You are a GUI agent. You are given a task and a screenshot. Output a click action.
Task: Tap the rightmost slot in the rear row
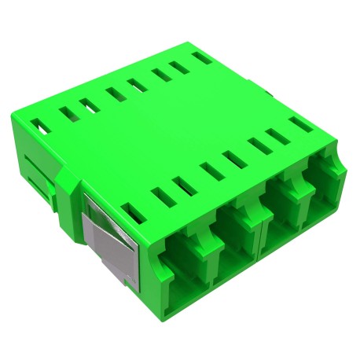[203, 57]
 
